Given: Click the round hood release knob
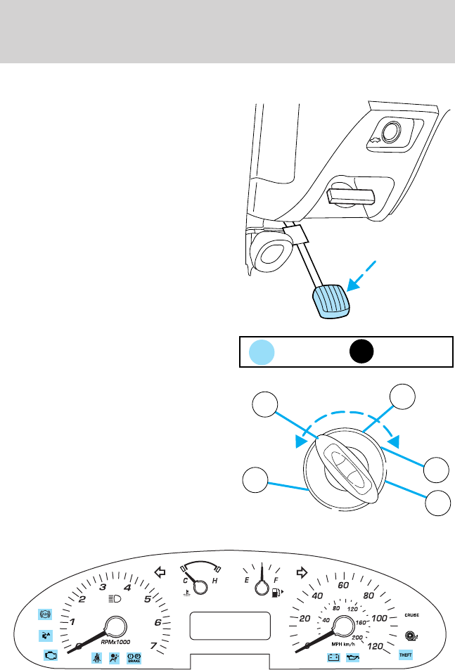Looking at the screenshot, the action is [389, 132].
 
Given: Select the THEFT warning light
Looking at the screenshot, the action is [406, 655].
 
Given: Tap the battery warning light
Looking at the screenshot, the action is [334, 658].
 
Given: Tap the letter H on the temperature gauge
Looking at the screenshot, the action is [214, 583].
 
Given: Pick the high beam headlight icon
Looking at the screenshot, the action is [116, 600].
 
